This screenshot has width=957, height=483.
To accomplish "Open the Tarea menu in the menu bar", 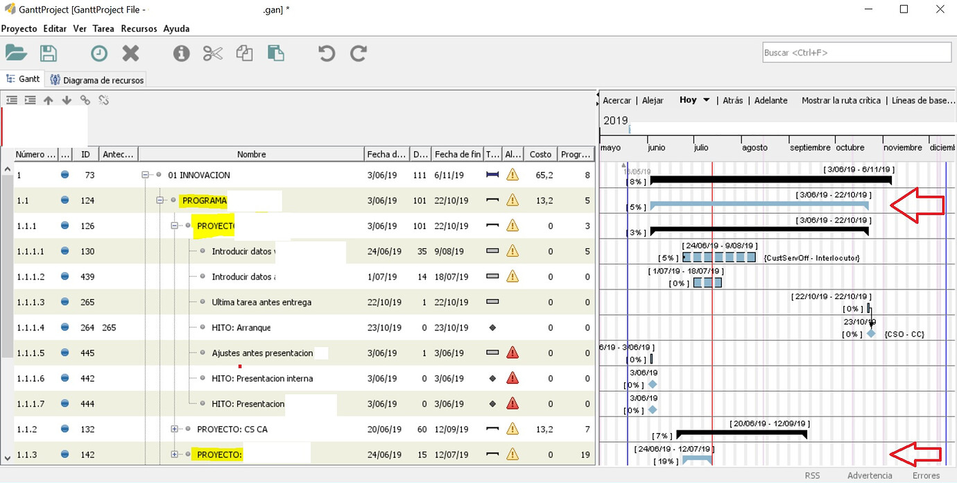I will pos(103,28).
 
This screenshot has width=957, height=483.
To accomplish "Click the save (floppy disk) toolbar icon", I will pos(49,53).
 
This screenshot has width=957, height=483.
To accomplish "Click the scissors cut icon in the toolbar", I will pos(212,53).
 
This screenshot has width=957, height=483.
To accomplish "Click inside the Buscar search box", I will pos(856,53).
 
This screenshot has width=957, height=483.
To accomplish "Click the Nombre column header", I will pos(251,154).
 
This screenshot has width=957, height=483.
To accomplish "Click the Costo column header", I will pos(540,154).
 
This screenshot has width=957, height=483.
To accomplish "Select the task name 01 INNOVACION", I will pos(199,175).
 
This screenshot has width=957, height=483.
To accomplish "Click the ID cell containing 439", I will pos(87,276).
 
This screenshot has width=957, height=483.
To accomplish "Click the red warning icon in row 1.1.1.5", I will pos(512,353).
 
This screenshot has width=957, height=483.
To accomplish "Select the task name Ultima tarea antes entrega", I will pos(261,302).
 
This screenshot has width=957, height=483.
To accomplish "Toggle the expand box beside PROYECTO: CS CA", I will pos(175,429).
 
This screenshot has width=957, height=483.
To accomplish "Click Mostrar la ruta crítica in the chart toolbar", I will pos(840,101).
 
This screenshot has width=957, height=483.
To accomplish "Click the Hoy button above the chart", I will pos(688,100).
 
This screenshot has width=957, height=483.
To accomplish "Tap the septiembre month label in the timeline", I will pos(809,147).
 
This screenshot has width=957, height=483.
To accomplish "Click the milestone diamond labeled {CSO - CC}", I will pos(871,334).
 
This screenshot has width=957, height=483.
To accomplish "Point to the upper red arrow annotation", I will pos(917,205).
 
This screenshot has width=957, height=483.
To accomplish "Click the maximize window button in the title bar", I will pos(904,9).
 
